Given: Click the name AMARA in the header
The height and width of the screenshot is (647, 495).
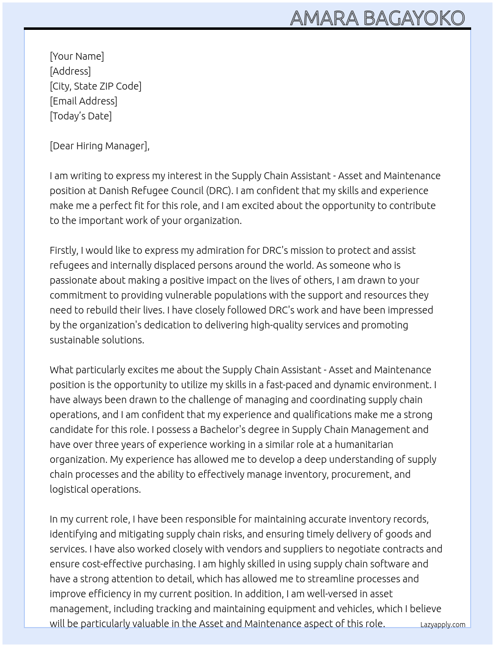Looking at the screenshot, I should pyautogui.click(x=324, y=18).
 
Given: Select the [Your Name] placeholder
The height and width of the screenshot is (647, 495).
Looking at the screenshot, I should pyautogui.click(x=77, y=56).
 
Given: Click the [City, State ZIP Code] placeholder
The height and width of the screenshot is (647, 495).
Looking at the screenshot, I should pyautogui.click(x=95, y=86).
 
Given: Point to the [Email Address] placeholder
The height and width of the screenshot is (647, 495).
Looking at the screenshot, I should pyautogui.click(x=83, y=101).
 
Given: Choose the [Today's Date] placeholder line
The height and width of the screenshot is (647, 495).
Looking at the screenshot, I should pyautogui.click(x=81, y=116).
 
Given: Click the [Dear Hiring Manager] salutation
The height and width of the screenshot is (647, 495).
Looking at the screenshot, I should pyautogui.click(x=99, y=146).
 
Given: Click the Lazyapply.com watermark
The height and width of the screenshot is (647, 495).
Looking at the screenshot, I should pyautogui.click(x=442, y=625).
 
